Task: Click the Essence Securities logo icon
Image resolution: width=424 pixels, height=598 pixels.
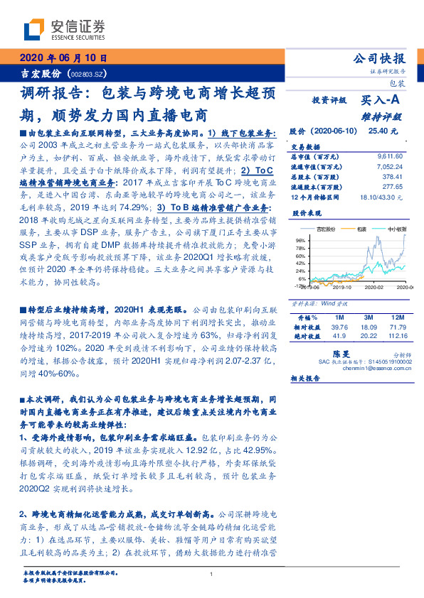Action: [x=34, y=30]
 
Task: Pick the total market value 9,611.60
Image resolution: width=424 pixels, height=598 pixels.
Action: [x=390, y=156]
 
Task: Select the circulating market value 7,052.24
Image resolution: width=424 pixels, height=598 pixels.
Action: [x=390, y=165]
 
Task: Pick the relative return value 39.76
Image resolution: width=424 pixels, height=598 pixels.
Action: [x=339, y=327]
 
